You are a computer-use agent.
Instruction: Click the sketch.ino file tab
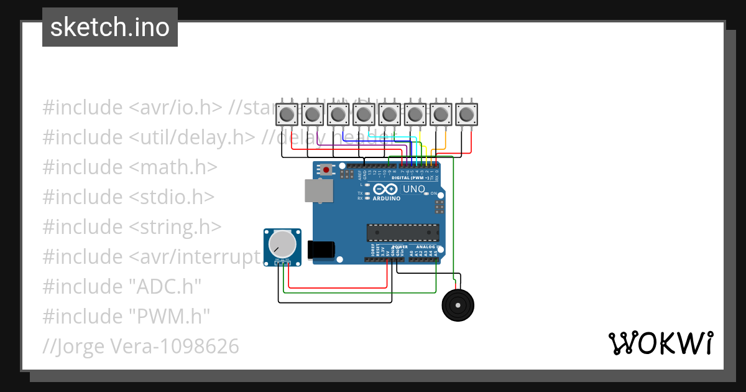click(109, 27)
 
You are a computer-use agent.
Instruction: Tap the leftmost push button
click(286, 114)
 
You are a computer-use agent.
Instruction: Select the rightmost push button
click(466, 114)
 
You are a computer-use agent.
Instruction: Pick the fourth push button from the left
click(363, 114)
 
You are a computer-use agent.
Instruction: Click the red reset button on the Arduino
click(326, 169)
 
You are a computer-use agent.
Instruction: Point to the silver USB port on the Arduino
click(318, 191)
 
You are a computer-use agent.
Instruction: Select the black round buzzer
click(458, 306)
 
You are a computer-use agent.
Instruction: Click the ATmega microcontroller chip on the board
click(403, 232)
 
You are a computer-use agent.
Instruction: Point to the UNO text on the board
click(414, 189)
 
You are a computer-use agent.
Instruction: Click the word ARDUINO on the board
click(386, 198)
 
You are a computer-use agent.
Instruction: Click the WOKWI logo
click(660, 343)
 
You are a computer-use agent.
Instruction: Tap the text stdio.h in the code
click(172, 197)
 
